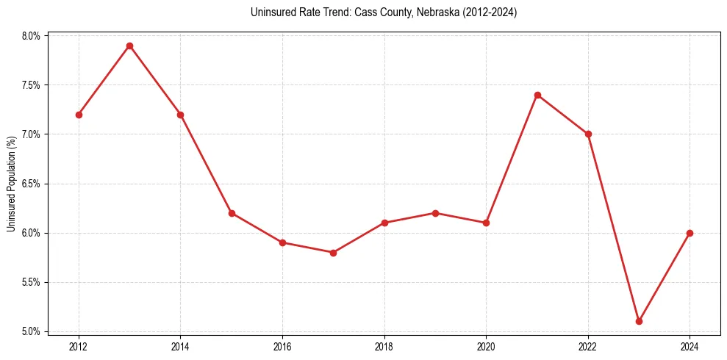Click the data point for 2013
(x=129, y=46)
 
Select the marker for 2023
(x=639, y=321)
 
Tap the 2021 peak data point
(x=537, y=95)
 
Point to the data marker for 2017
(x=333, y=253)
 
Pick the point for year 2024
(x=690, y=233)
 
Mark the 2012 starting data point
(x=79, y=115)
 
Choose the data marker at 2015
(x=232, y=213)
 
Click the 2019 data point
(x=435, y=213)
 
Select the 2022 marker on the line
(x=588, y=134)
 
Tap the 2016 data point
(x=282, y=242)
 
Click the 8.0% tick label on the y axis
(x=34, y=35)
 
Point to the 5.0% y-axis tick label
(x=34, y=331)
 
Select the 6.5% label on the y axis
(x=34, y=184)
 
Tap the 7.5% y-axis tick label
(x=34, y=85)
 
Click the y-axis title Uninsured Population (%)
(x=11, y=184)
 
